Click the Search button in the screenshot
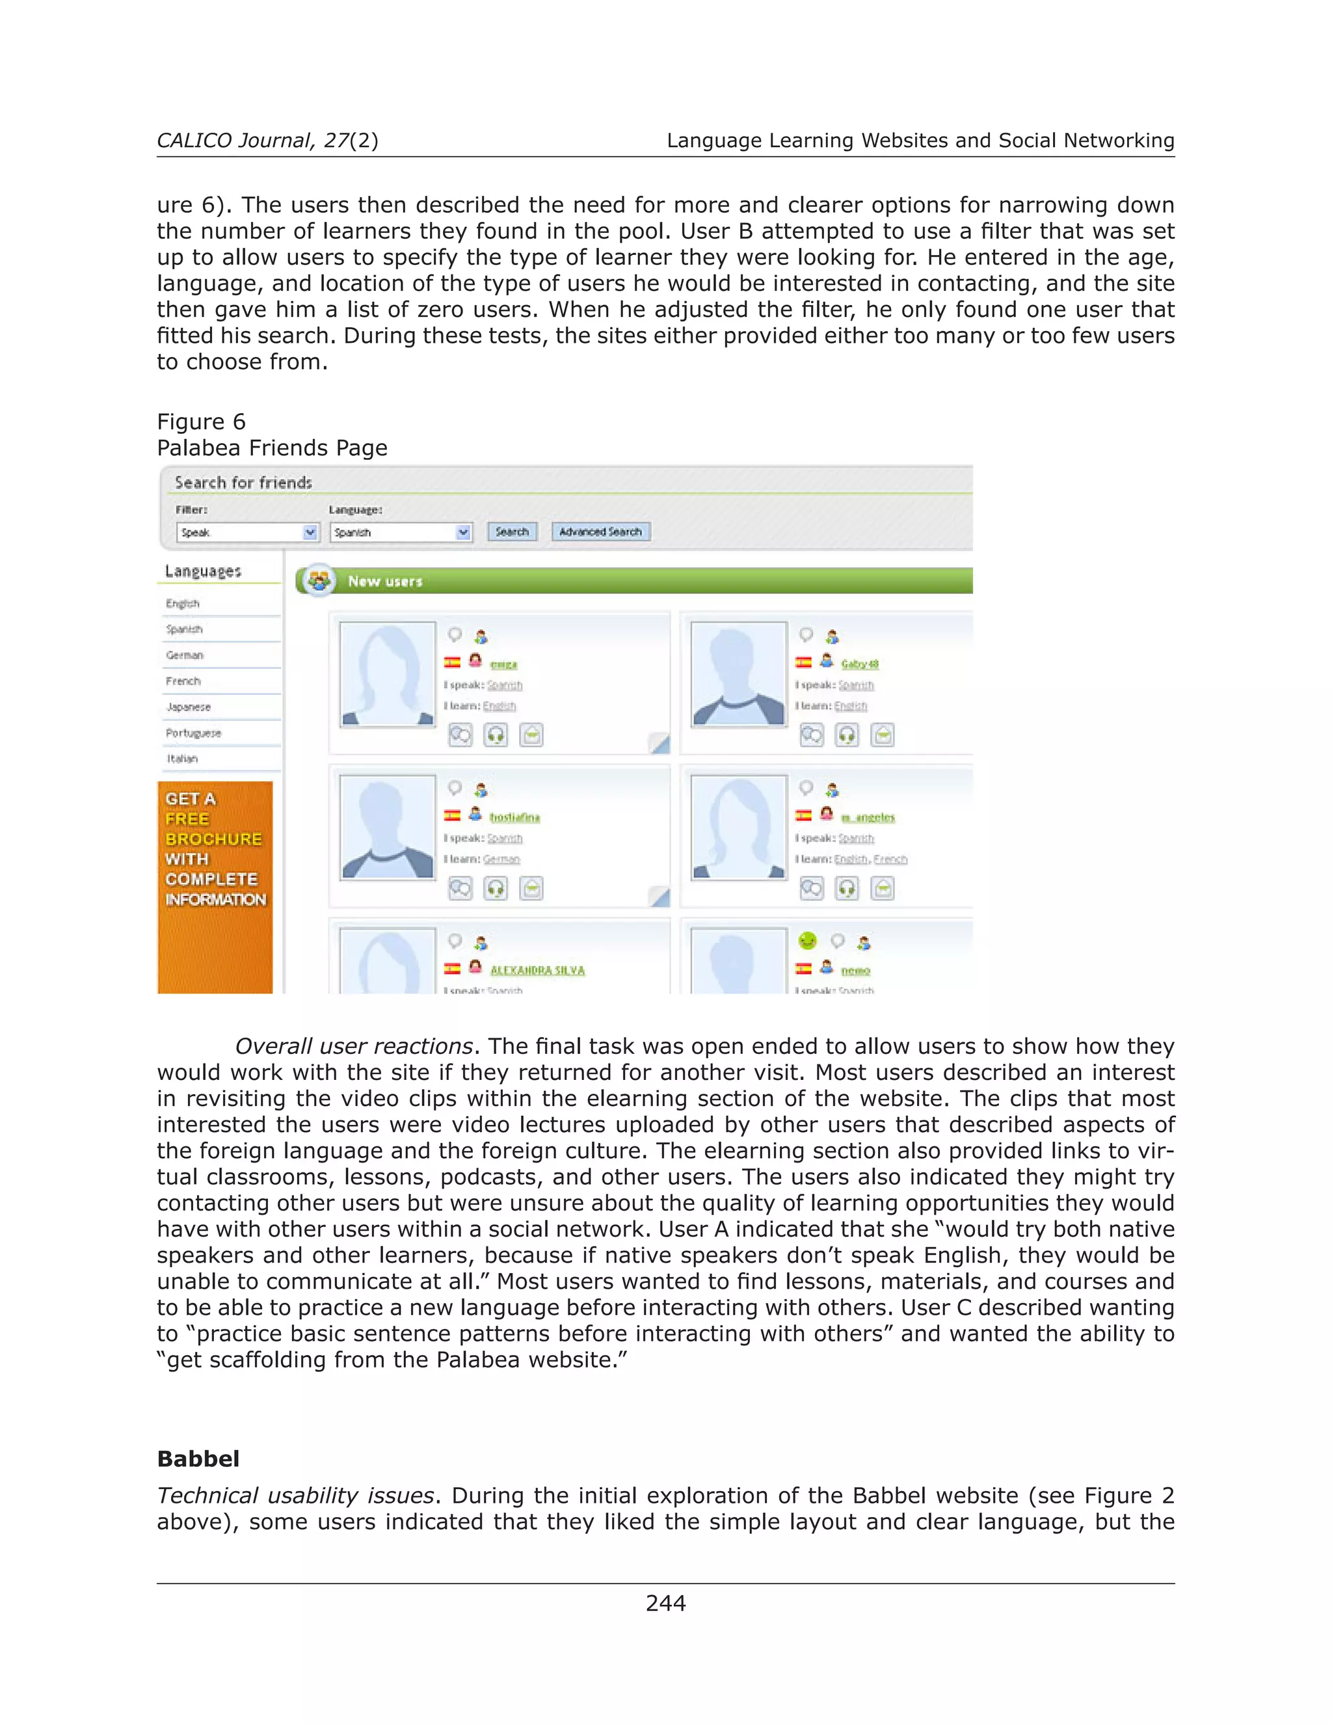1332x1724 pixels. click(511, 532)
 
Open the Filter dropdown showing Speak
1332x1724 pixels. click(247, 533)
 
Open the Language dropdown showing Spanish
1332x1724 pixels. click(400, 533)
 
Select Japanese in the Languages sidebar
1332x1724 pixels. click(189, 707)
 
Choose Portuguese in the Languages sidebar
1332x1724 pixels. click(193, 733)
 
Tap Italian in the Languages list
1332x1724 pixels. click(182, 759)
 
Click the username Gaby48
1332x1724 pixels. click(859, 665)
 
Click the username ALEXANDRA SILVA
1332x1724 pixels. click(537, 970)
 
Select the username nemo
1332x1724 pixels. click(855, 970)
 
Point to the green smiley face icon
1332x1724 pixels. click(807, 941)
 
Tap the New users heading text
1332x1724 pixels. click(385, 582)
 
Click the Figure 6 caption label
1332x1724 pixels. click(201, 422)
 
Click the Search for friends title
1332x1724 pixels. click(243, 482)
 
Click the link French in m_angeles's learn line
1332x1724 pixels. click(890, 859)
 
